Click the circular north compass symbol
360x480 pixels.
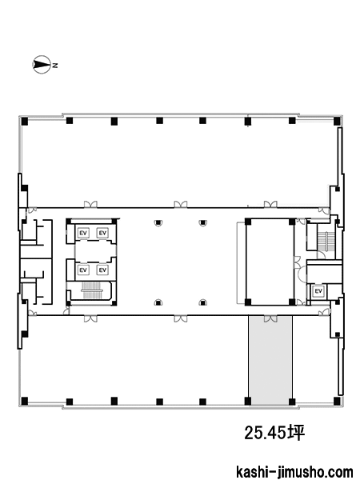point(42,65)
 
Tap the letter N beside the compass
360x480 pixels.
point(54,66)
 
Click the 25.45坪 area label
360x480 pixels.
point(274,433)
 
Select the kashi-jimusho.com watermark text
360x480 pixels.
point(294,472)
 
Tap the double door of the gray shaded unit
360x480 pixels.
point(270,319)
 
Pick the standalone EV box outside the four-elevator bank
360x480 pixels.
point(318,291)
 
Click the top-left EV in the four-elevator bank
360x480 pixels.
point(83,233)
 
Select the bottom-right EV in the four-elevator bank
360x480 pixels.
point(102,270)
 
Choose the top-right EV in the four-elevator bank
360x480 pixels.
point(102,233)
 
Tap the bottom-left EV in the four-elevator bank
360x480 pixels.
point(83,270)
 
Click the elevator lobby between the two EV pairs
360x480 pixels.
point(95,251)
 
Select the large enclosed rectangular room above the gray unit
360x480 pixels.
point(270,262)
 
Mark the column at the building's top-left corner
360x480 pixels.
point(25,122)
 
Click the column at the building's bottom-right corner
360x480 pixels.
point(337,400)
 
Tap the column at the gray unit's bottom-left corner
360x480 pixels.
point(248,401)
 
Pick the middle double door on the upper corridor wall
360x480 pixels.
point(181,204)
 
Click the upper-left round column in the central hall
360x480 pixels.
point(158,223)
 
